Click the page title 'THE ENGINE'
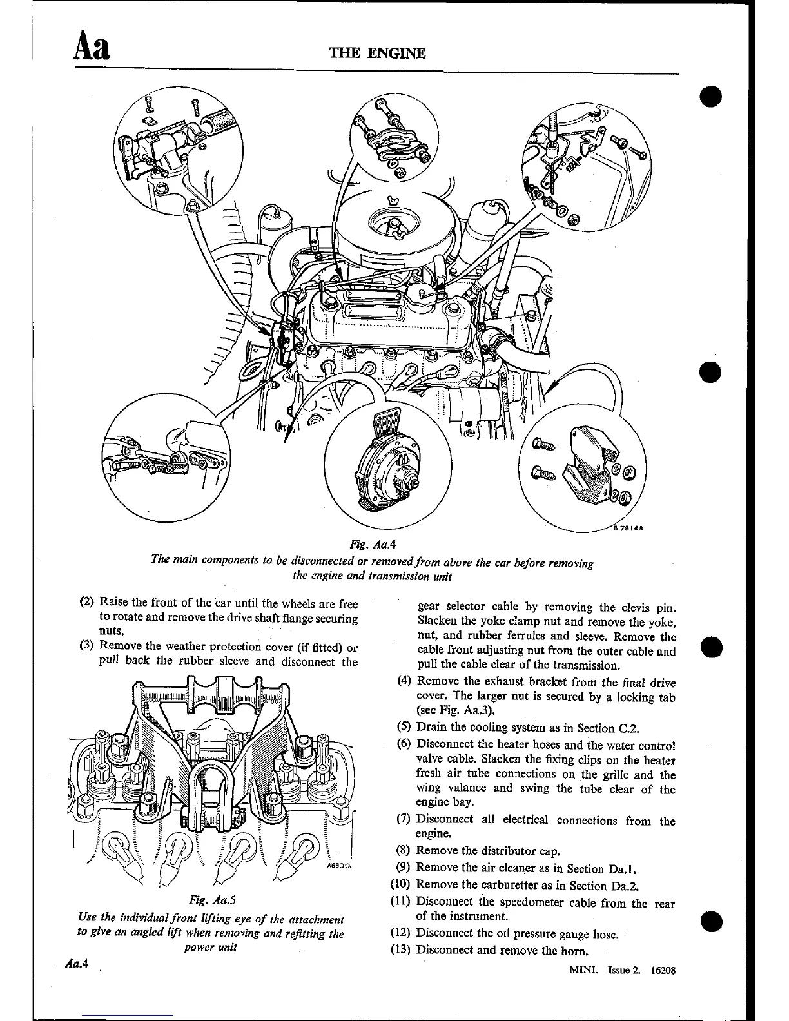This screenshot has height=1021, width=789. (377, 53)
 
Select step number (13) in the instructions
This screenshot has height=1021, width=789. (402, 949)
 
